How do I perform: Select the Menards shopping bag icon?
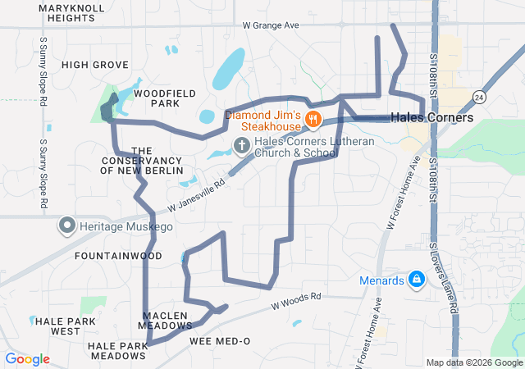click(x=417, y=280)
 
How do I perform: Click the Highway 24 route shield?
click(x=478, y=98)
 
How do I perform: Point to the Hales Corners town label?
click(x=431, y=118)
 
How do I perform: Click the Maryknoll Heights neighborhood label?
click(x=66, y=12)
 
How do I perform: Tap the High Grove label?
click(x=95, y=65)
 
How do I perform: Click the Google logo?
click(x=27, y=358)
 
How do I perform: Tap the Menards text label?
click(x=382, y=280)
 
